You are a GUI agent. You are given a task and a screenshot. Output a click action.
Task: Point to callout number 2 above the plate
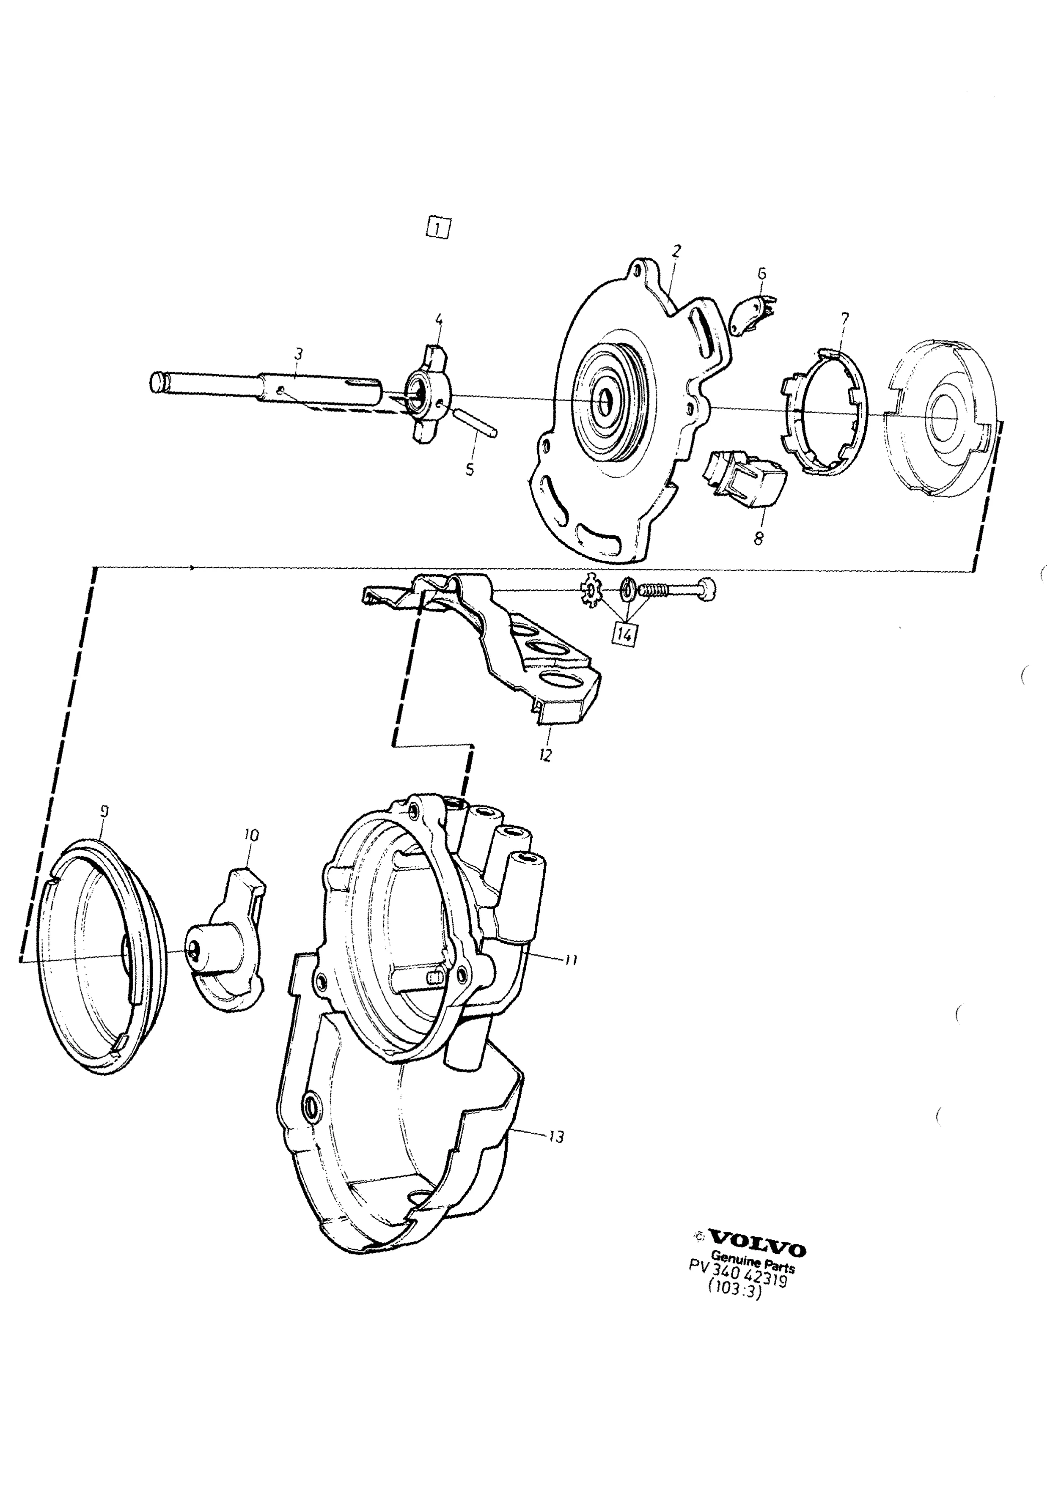tap(676, 251)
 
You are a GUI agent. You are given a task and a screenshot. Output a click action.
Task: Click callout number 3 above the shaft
tap(297, 354)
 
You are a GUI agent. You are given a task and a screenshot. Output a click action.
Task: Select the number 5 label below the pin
tap(470, 468)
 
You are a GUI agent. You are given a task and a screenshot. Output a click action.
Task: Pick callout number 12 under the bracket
tap(545, 755)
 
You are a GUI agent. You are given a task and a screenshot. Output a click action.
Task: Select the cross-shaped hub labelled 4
tap(425, 396)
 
